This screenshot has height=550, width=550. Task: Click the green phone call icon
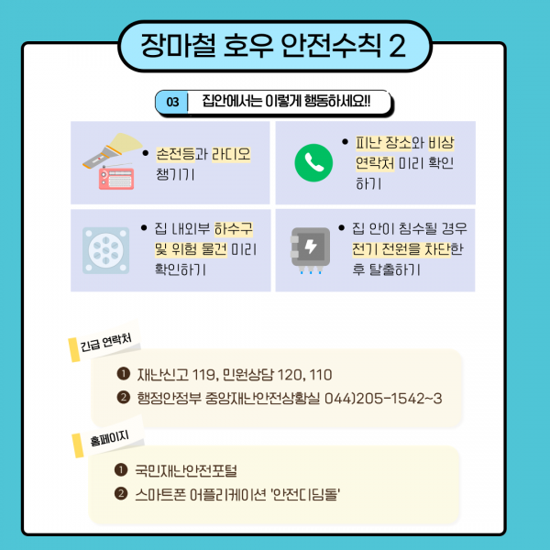coord(313,163)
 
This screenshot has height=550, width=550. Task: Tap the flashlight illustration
coord(113,150)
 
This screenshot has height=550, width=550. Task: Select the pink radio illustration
coord(116,178)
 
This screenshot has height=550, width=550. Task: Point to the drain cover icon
coord(106,250)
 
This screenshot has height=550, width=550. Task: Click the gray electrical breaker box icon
coord(311,249)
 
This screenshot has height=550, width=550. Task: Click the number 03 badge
coord(172,102)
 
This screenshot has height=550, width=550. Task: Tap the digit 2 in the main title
coord(397,46)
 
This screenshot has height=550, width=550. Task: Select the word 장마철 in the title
coord(178,46)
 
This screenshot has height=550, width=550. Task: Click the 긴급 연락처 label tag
coord(104,342)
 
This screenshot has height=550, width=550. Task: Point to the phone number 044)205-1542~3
coord(383,399)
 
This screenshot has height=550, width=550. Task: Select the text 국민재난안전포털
coord(186,471)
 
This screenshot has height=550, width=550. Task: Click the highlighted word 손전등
coord(175,154)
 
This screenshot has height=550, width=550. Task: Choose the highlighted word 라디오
coord(231,154)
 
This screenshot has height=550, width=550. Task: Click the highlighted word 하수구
coord(233,228)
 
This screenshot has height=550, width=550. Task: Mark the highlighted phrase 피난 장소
coord(383,143)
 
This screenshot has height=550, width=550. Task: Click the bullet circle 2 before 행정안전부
coord(123,398)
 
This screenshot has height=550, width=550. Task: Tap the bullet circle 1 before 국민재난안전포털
coord(121,469)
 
